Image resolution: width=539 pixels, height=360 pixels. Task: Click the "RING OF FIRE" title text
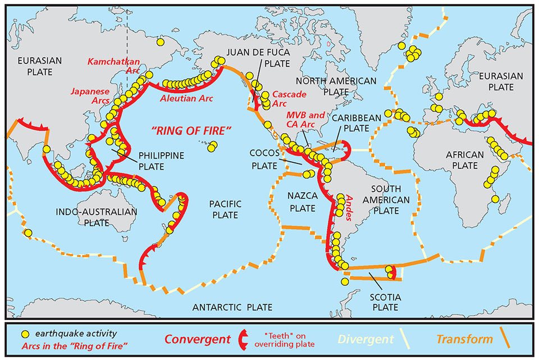[x=191, y=131]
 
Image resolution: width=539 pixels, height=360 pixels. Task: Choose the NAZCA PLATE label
[x=304, y=202]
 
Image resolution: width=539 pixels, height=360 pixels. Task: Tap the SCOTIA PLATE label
[x=385, y=302]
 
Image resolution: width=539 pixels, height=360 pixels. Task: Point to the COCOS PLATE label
[x=263, y=161]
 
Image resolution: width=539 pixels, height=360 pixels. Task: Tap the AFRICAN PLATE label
[x=465, y=160]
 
